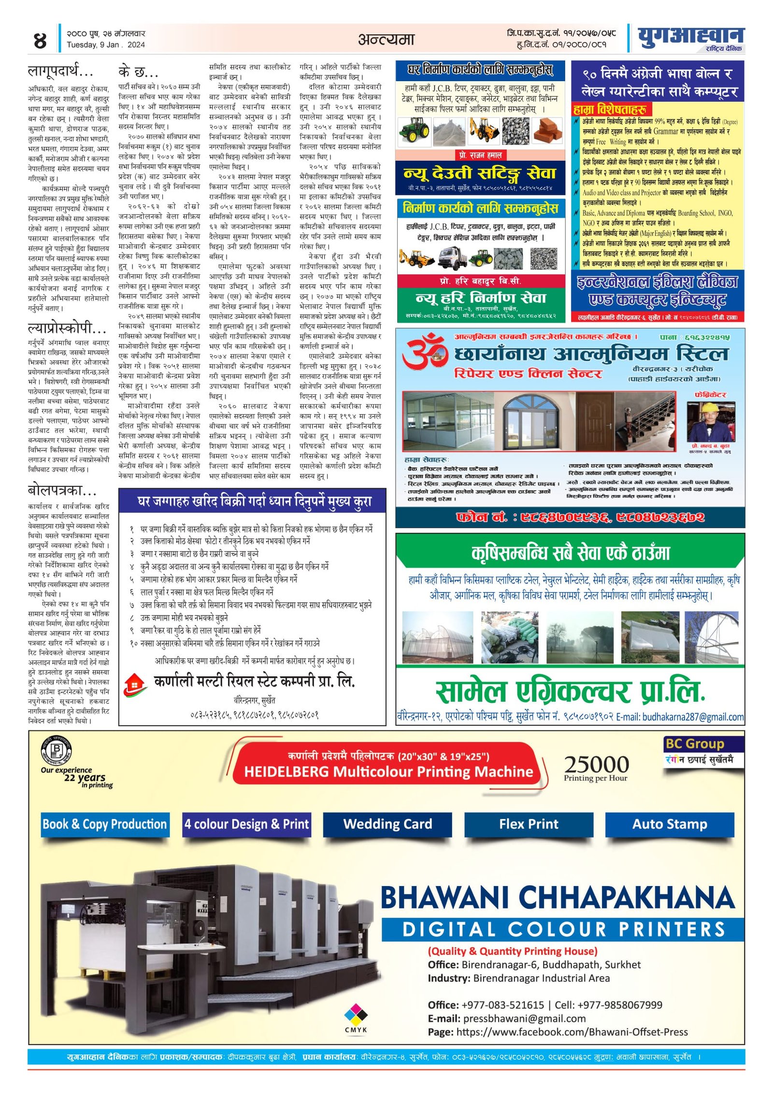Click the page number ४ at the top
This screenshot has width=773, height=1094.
(x=40, y=40)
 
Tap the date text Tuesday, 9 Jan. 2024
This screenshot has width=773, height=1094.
(x=106, y=45)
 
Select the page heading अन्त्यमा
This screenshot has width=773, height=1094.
(x=386, y=39)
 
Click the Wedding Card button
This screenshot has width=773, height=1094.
(x=387, y=824)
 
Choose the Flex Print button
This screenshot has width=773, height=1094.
(x=529, y=824)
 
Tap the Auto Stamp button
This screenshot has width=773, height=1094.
(x=670, y=824)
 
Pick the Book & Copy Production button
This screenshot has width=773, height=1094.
(x=104, y=824)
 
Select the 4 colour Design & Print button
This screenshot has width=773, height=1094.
(x=246, y=824)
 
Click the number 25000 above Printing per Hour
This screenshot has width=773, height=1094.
(x=596, y=764)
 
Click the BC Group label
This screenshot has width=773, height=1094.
(x=694, y=744)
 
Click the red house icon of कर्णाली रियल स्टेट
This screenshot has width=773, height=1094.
(x=135, y=684)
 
